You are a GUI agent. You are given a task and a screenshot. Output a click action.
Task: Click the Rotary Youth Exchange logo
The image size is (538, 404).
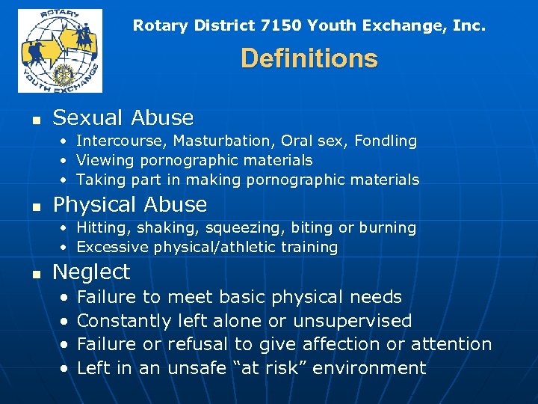tap(60, 50)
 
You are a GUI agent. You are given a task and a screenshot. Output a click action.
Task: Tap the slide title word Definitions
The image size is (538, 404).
tap(309, 58)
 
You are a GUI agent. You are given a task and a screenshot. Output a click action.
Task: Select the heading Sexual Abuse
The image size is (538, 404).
tap(123, 117)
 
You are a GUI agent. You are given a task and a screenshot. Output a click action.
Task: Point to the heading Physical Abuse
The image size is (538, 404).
tap(130, 204)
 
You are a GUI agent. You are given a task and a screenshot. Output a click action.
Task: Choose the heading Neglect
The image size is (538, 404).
tap(91, 272)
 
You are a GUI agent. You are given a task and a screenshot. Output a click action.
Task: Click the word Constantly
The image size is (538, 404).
tap(124, 321)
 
